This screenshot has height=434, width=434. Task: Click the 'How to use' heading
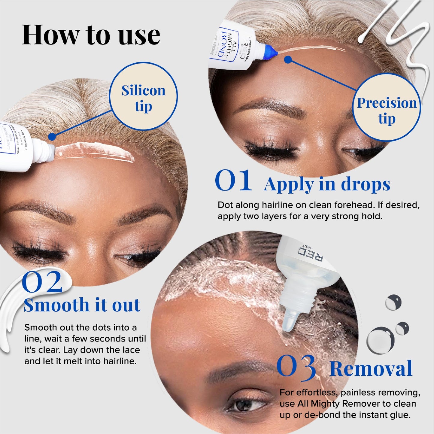point(91,35)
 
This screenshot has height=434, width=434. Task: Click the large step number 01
point(233,181)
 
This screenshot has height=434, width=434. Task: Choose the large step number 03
point(296,367)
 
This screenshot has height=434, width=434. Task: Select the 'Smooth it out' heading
point(82,305)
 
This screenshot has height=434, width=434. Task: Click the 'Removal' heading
point(371,369)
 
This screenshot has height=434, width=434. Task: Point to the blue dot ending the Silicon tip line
point(52,137)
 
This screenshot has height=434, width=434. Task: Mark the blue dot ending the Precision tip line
point(288,60)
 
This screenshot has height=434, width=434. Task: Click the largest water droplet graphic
point(380,340)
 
